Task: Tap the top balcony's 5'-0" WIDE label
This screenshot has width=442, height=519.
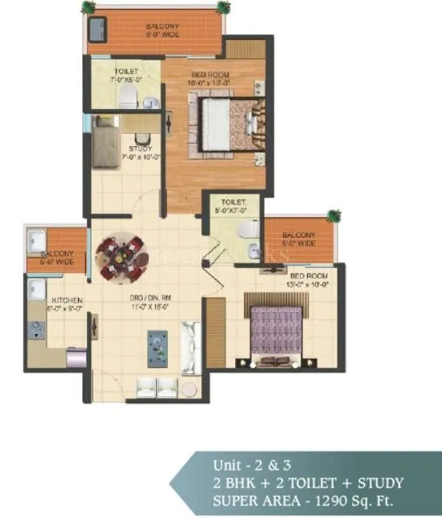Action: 163,35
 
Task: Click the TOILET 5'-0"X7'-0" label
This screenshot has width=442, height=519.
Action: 228,205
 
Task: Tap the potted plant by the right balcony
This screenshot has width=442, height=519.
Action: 334,216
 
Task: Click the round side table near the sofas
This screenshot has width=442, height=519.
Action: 189,389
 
